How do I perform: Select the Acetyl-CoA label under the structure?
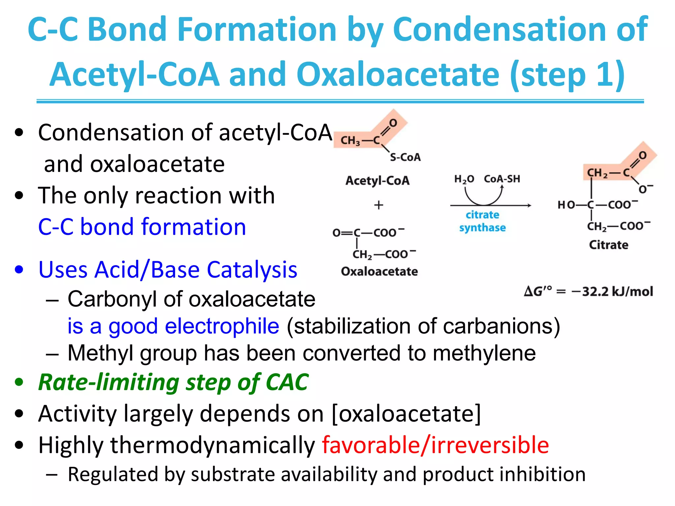point(377,181)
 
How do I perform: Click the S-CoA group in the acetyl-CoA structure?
point(405,157)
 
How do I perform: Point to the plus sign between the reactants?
point(379,205)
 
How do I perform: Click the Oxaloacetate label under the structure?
point(379,271)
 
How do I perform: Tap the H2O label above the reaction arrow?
point(464,179)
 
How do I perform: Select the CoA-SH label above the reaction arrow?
point(502,179)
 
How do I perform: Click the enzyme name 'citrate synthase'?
point(483,221)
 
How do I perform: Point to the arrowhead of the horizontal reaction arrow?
point(529,205)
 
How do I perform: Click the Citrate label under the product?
point(608,245)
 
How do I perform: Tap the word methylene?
point(484,353)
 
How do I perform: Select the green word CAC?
point(287,382)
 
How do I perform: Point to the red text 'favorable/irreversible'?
point(435,445)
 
